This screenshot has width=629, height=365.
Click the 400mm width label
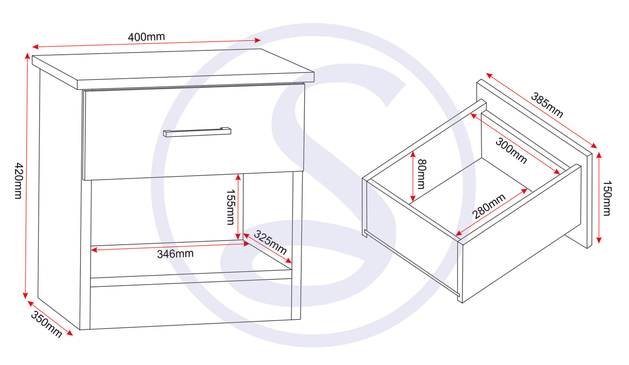[x=146, y=37]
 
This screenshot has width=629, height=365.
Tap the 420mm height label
[x=19, y=181]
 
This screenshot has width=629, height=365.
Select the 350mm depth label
[x=46, y=324]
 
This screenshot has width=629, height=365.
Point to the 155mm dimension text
[x=231, y=207]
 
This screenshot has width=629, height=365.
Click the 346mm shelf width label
[x=175, y=254]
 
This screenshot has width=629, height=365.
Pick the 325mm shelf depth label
[x=270, y=242]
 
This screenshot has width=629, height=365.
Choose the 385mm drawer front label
[x=547, y=105]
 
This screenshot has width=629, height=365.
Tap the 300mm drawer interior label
[x=511, y=150]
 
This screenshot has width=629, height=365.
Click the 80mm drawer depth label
[x=422, y=174]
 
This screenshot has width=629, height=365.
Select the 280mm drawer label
[x=489, y=206]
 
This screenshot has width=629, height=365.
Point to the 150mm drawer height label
[x=607, y=199]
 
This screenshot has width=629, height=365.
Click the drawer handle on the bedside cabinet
[x=197, y=132]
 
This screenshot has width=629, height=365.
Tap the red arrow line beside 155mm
[x=239, y=207]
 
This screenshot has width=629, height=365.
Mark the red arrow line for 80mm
[x=413, y=176]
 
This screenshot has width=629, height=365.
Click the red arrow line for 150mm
[x=599, y=198]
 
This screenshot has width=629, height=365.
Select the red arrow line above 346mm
[x=170, y=247]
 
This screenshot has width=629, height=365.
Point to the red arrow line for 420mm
[x=27, y=176]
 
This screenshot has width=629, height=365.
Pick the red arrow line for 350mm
[x=50, y=318]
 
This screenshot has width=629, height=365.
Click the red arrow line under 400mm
[x=146, y=44]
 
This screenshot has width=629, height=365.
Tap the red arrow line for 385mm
[x=542, y=110]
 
